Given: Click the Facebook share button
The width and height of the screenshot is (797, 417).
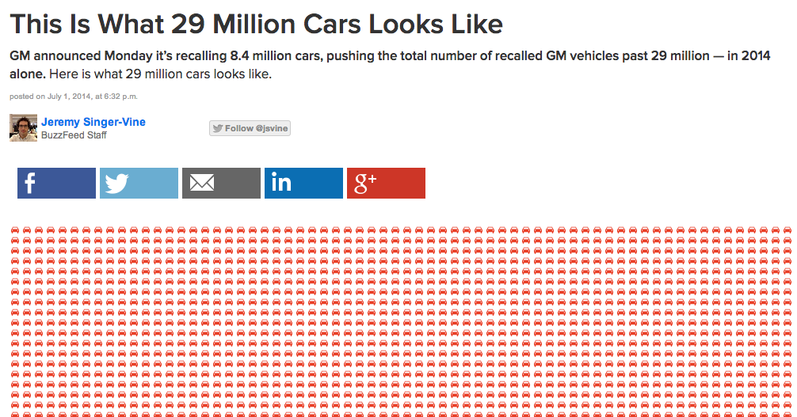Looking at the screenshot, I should (56, 183).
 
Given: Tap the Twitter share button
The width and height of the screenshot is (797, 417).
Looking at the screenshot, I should (139, 183).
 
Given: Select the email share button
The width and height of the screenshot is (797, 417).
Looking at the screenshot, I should (221, 183).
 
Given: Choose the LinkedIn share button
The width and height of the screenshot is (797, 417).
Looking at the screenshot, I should (303, 183).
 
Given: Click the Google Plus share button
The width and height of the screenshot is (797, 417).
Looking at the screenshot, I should (386, 183).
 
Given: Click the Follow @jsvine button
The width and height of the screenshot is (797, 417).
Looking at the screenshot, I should (250, 128).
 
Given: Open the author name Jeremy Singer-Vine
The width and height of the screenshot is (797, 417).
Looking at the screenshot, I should (93, 122).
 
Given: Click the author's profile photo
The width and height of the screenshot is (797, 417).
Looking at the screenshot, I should (24, 128).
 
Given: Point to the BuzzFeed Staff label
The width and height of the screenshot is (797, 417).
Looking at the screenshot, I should (74, 135).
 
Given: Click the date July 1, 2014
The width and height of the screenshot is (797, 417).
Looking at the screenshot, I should (69, 97).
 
